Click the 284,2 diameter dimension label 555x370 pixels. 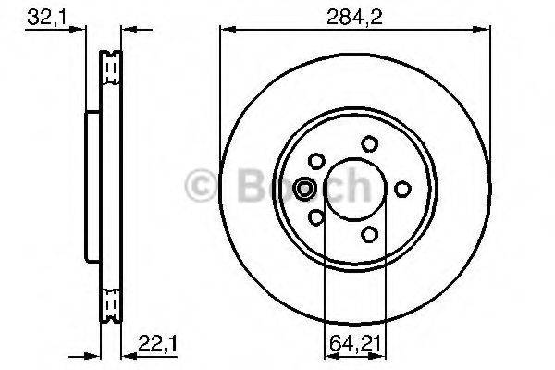click(x=354, y=15)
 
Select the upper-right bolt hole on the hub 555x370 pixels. click(x=370, y=142)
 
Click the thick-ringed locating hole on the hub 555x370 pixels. click(x=303, y=189)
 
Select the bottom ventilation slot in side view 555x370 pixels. click(x=112, y=304)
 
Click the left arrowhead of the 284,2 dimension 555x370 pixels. click(x=225, y=30)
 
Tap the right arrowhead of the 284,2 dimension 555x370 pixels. click(x=484, y=30)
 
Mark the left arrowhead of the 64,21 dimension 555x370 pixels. click(x=328, y=355)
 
